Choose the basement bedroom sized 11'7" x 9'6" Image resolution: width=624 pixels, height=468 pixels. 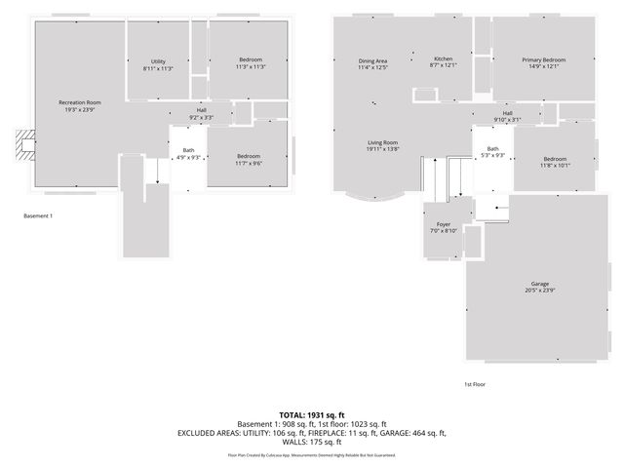248,160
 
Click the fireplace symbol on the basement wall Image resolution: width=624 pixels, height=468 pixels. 24,145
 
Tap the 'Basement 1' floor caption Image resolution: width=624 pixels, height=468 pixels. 38,215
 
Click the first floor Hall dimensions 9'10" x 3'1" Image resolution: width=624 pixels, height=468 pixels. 507,120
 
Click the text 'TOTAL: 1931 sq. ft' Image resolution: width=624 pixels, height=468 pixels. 311,414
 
